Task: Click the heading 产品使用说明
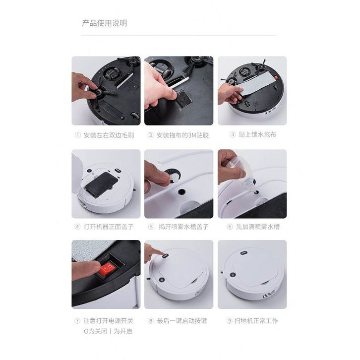click(x=105, y=23)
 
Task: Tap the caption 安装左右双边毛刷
click(x=109, y=135)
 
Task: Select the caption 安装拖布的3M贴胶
click(x=182, y=135)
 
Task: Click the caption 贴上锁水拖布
click(x=257, y=134)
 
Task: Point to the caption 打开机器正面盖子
click(x=109, y=227)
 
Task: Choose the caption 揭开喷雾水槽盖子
click(x=183, y=227)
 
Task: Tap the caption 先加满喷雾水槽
click(x=258, y=227)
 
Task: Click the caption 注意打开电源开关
click(x=108, y=320)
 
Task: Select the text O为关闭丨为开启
click(x=108, y=331)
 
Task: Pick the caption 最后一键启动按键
click(x=182, y=320)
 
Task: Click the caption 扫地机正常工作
click(x=256, y=320)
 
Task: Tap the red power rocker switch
click(x=107, y=269)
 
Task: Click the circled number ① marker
click(x=77, y=135)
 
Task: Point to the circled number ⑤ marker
click(x=151, y=227)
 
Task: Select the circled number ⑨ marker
click(x=230, y=321)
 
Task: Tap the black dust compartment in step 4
click(x=102, y=184)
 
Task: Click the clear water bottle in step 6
click(x=240, y=174)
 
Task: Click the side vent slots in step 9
click(x=269, y=295)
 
